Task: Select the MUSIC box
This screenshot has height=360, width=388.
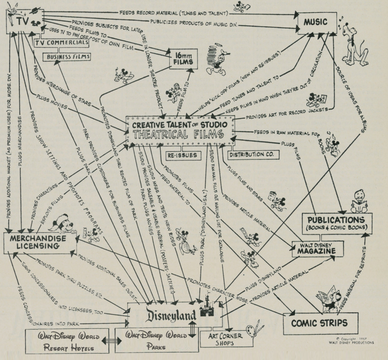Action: click(x=316, y=22)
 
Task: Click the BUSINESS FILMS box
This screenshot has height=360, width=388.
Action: click(x=66, y=57)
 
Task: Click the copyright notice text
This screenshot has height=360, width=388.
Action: click(x=351, y=340)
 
